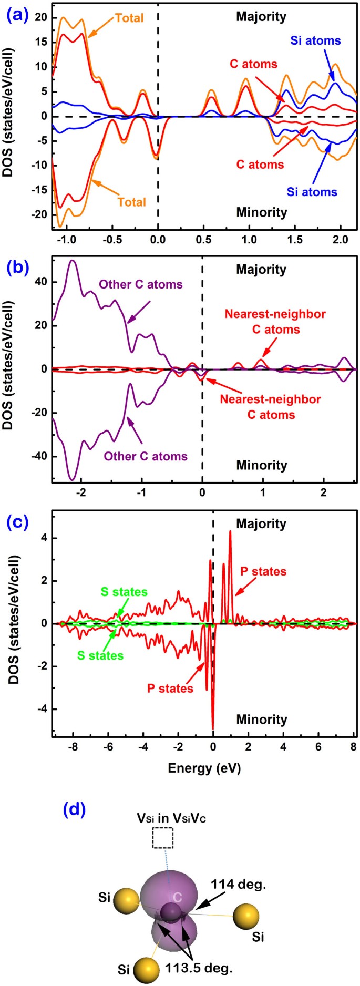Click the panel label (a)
[x=14, y=16]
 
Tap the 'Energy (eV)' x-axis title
[x=204, y=768]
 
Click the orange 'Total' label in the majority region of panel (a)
[x=129, y=18]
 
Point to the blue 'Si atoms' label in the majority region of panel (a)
[x=315, y=40]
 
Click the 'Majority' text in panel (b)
[x=261, y=269]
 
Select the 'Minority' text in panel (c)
[x=261, y=719]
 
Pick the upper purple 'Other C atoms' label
[x=141, y=284]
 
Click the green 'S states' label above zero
[x=124, y=592]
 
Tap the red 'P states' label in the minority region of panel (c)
[x=170, y=688]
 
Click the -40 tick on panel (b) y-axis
[x=39, y=456]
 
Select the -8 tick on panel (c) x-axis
[x=73, y=747]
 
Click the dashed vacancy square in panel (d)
[x=163, y=838]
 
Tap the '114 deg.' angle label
[x=239, y=885]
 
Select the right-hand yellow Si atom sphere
[x=246, y=917]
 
